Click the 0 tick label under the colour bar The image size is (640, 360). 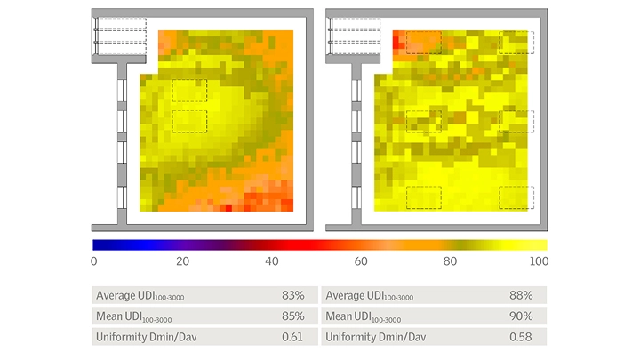pos(93,261)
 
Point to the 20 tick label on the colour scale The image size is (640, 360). pos(183,261)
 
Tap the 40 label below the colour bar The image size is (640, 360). pos(274,261)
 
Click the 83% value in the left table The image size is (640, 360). pos(293,295)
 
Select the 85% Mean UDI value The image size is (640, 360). pos(293,316)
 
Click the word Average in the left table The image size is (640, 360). pos(116,295)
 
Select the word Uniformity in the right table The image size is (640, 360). pos(352,336)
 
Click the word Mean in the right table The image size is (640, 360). pos(340,316)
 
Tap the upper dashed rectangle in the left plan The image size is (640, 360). pos(189,90)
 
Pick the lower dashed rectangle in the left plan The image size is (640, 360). pos(189,122)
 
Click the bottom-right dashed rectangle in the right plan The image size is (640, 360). pos(516,197)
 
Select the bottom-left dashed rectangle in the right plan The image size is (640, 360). pos(423,197)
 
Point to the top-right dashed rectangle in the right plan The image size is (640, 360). pos(516,42)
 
